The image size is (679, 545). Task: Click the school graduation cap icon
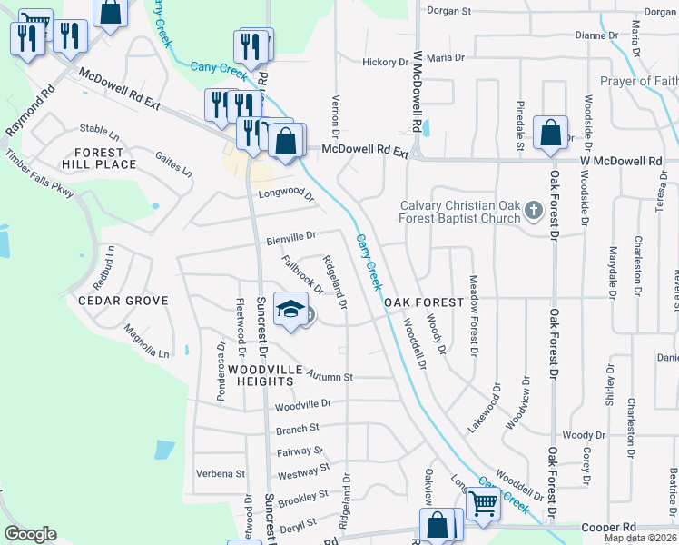pyautogui.click(x=290, y=311)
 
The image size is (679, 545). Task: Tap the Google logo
pyautogui.click(x=30, y=534)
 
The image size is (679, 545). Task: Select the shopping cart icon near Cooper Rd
pyautogui.click(x=483, y=501)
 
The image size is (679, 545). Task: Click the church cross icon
pyautogui.click(x=536, y=211)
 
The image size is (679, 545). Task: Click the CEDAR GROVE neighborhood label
pyautogui.click(x=123, y=301)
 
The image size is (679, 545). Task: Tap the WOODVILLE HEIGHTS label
pyautogui.click(x=261, y=375)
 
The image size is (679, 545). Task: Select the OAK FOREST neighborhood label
pyautogui.click(x=424, y=302)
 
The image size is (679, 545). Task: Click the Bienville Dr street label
pyautogui.click(x=291, y=238)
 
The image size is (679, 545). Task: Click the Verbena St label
pyautogui.click(x=221, y=473)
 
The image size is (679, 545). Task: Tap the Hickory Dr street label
pyautogui.click(x=385, y=62)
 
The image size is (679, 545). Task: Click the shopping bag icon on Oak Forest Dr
pyautogui.click(x=550, y=133)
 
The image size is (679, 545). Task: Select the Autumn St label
pyautogui.click(x=329, y=375)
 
